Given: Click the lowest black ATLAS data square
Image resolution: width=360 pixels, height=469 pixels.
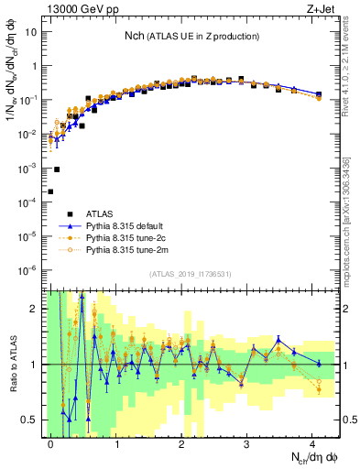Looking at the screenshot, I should (x=50, y=191).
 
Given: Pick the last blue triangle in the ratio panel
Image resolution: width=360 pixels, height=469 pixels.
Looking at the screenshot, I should (x=319, y=364).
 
